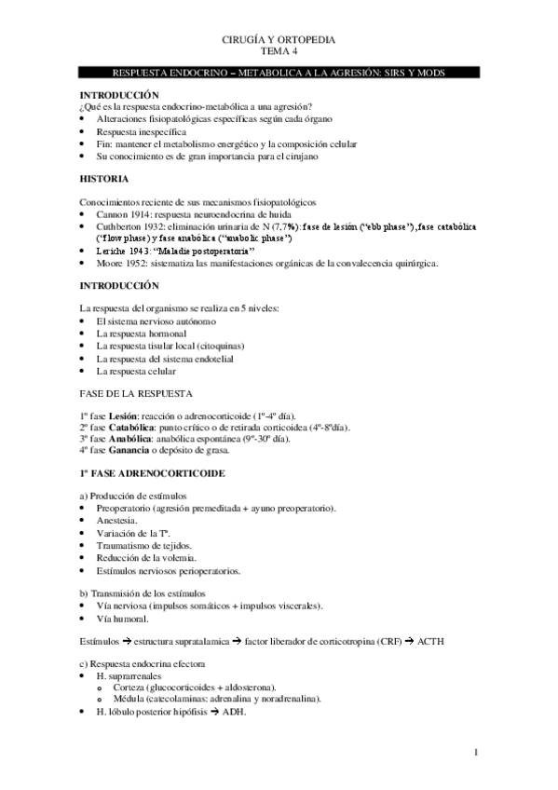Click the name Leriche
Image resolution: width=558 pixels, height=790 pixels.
[x=113, y=251]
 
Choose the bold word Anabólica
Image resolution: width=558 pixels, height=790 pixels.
[x=131, y=438]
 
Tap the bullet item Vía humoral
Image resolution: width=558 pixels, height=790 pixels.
[x=124, y=619]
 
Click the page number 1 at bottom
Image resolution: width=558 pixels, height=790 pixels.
[x=475, y=753]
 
